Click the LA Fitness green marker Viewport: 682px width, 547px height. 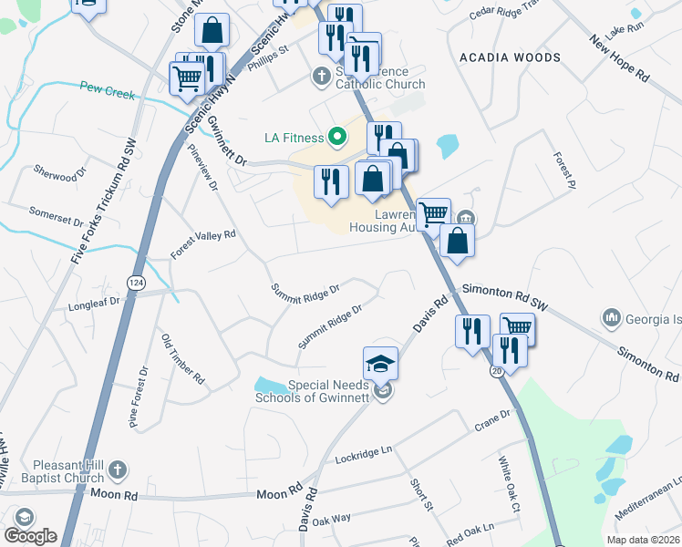point(336,138)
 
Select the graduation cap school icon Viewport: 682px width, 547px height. point(380,364)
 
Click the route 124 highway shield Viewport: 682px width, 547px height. point(136,283)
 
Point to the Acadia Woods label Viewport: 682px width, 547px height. point(510,57)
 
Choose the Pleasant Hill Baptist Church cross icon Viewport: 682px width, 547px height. point(115,470)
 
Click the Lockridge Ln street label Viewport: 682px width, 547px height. point(363,454)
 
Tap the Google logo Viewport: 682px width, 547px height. point(30,536)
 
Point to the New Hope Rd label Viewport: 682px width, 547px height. point(619,59)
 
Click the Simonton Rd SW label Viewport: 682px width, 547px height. point(503,298)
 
